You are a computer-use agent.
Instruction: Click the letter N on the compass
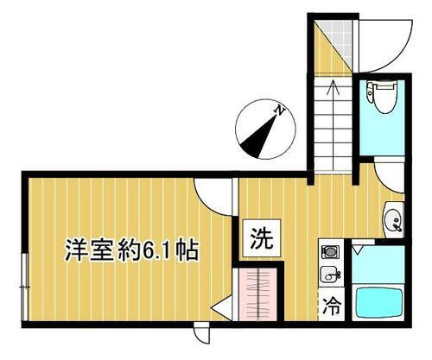click(x=279, y=110)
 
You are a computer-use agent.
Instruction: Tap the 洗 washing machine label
click(x=260, y=237)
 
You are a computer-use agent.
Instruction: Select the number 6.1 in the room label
click(x=155, y=251)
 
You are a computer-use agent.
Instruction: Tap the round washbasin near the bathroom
click(x=391, y=218)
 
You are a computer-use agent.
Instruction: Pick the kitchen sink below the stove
click(x=329, y=275)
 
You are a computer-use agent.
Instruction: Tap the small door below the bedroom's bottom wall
click(x=200, y=332)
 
